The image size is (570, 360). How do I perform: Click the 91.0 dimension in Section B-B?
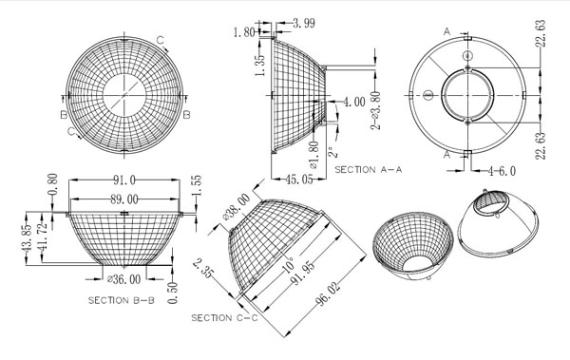[x=124, y=180]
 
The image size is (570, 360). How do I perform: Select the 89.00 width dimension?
[x=124, y=199]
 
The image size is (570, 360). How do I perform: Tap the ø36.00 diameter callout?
[x=124, y=279]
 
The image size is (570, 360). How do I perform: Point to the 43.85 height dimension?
[x=28, y=238]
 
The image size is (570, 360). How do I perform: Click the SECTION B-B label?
[x=122, y=300]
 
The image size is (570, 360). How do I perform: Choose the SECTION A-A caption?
[x=369, y=169]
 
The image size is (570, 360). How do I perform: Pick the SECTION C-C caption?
[x=224, y=318]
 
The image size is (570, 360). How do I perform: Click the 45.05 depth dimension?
[x=299, y=179]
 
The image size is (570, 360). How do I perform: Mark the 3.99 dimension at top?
[x=304, y=24]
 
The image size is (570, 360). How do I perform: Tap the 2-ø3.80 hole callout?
[x=375, y=110]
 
